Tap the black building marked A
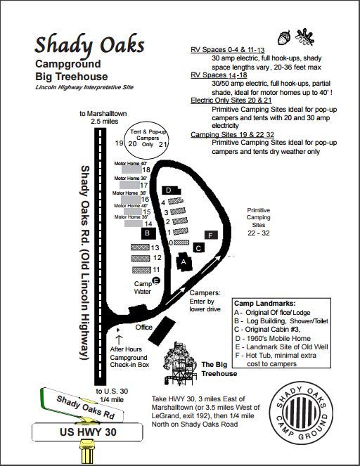(184, 260)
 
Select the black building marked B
(147, 233)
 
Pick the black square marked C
(199, 247)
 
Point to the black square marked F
(210, 235)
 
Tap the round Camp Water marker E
(156, 280)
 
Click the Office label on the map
(144, 327)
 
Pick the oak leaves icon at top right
(305, 35)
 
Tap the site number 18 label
(146, 169)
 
